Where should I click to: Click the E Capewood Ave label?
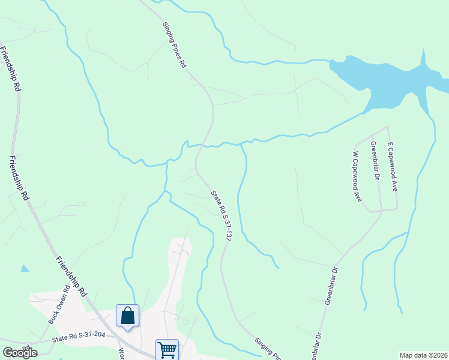392,167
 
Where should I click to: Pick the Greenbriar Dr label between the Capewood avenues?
375,160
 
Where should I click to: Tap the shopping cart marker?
167,349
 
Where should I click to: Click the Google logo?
20,352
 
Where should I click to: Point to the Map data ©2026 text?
424,355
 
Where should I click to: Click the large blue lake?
384,84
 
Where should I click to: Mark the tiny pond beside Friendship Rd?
24,269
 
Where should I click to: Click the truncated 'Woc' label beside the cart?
121,354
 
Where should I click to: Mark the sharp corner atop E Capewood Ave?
388,127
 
